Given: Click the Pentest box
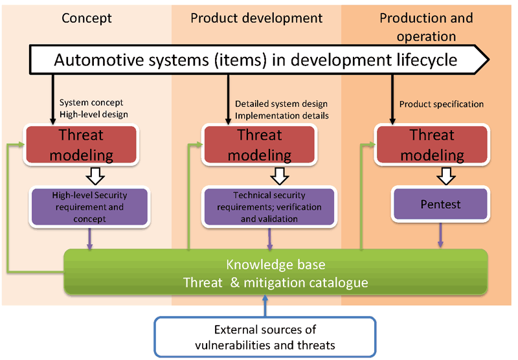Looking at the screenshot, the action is [440, 204].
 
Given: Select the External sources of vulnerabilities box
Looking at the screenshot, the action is [265, 337].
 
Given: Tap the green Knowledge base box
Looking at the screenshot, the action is [276, 272].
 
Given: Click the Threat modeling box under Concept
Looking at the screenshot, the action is [82, 144].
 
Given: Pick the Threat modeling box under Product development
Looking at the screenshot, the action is [260, 144].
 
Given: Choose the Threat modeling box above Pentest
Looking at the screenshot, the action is [432, 144].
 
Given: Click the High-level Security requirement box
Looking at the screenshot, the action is [89, 207].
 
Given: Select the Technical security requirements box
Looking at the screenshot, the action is [269, 207].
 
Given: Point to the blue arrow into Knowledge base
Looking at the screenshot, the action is [265, 306].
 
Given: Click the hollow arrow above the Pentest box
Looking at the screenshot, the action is [446, 176].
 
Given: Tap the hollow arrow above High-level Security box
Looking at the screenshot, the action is [95, 176].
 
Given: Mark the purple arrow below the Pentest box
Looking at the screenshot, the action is [440, 235].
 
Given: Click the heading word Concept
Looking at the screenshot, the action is [87, 18].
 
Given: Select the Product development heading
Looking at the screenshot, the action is [256, 18].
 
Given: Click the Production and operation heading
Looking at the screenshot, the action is [426, 27].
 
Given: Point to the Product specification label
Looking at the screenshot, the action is [442, 104].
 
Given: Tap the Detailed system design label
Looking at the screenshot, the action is [282, 104].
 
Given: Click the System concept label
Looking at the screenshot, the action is [91, 102].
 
